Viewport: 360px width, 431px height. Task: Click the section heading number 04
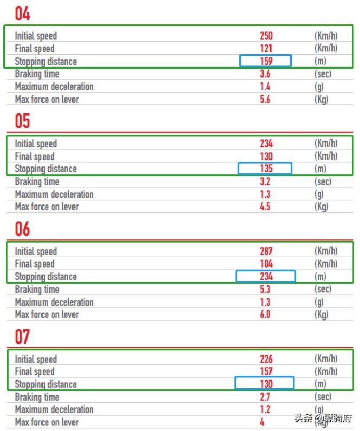coord(22,14)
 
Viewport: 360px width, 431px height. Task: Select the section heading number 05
coord(22,121)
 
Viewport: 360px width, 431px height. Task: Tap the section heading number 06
coord(22,229)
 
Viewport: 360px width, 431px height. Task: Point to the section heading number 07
coord(22,337)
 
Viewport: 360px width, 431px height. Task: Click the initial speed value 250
coord(266,36)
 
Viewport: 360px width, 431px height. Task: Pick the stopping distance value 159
coord(266,61)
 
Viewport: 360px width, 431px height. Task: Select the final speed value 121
coord(266,48)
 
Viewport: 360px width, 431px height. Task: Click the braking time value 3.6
coord(265,74)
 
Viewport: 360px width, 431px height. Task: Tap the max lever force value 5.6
coord(265,99)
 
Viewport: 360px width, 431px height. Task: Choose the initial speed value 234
coord(266,143)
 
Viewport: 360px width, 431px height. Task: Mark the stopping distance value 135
coord(266,168)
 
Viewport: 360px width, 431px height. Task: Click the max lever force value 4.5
coord(265,206)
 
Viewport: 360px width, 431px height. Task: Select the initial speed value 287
coord(266,251)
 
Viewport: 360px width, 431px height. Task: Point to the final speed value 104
coord(266,264)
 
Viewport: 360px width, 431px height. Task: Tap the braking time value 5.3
coord(265,289)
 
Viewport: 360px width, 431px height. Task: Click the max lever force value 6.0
coord(265,314)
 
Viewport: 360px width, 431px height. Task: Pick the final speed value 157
coord(266,371)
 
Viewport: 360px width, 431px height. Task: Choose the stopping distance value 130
coord(266,384)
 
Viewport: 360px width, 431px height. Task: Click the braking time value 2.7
coord(265,397)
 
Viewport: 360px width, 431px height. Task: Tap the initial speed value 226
coord(266,359)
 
